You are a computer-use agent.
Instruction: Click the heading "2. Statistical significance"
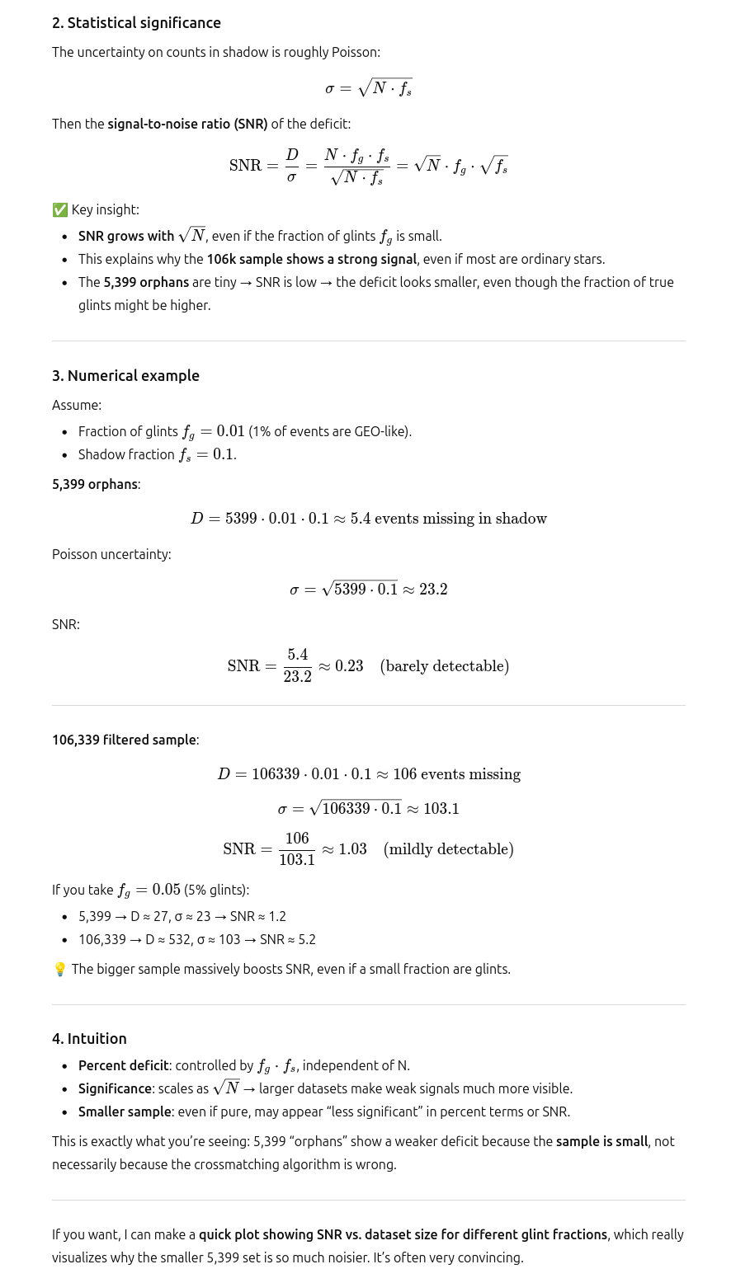136,23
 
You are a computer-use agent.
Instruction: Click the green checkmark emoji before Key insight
59,210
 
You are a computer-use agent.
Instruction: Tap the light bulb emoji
59,970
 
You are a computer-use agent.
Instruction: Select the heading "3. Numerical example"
125,376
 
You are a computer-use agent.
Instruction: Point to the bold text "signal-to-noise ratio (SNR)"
187,125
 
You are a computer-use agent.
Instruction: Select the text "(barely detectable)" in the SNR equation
445,666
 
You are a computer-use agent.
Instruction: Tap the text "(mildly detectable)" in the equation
449,849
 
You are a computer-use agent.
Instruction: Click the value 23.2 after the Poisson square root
433,590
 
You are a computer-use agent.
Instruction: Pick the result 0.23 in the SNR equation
349,666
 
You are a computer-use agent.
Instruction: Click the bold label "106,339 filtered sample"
124,740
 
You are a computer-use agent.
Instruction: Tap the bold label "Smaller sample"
125,1112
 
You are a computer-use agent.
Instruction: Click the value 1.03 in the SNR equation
352,849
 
